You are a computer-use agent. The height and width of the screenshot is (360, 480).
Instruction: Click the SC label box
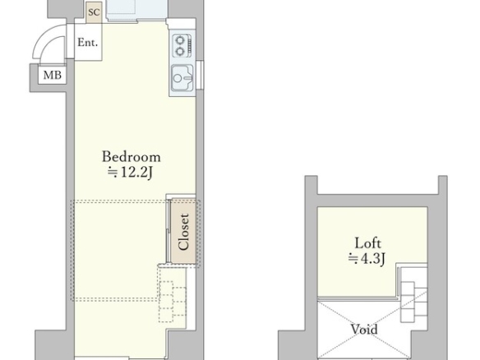[x=94, y=12]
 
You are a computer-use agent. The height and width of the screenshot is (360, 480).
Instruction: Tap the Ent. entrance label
[x=88, y=42]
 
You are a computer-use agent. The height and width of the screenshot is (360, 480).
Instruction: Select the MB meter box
[x=52, y=75]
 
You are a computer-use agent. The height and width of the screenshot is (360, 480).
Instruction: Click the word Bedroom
[x=131, y=157]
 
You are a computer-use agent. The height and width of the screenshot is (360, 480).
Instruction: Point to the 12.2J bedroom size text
[x=136, y=173]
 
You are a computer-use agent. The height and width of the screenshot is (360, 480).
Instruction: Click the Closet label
[x=183, y=232]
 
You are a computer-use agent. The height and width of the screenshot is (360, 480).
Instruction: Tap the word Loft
[x=367, y=243]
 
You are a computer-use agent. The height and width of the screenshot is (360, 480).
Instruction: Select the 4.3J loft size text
[x=372, y=259]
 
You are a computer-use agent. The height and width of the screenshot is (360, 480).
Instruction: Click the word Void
[x=364, y=330]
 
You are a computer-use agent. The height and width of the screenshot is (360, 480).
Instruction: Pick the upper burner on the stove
[x=180, y=39]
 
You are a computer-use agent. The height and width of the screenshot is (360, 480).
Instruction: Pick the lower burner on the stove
[x=180, y=51]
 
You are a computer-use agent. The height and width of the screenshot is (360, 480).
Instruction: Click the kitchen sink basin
[x=182, y=78]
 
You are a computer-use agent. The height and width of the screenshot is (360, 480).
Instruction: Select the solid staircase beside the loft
[x=414, y=302]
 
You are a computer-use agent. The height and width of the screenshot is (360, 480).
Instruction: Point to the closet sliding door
[x=168, y=231]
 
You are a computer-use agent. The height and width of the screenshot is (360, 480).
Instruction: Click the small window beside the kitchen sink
[x=200, y=76]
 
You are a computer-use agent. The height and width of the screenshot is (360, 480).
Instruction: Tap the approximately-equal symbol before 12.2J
[x=113, y=173]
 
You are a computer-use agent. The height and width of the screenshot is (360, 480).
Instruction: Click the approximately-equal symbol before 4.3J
[x=353, y=259]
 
